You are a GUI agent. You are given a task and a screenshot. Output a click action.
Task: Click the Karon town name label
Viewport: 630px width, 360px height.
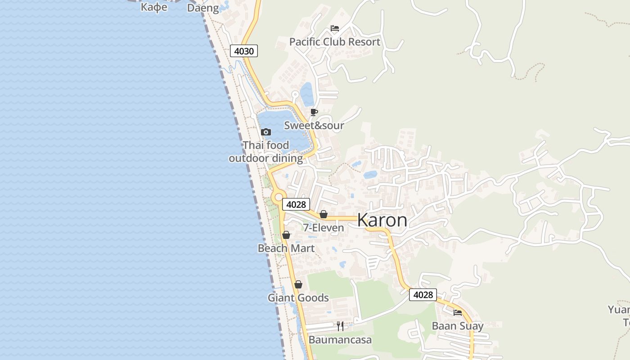coord(382,220)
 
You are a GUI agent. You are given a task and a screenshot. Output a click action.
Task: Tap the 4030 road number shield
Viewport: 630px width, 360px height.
coord(244,51)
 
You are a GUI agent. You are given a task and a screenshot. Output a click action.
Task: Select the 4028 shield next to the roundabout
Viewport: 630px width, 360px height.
coord(296,204)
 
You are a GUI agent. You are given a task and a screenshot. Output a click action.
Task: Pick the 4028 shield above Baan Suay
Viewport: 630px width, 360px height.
coord(423,295)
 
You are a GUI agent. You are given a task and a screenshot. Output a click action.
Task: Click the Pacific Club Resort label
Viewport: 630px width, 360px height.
coord(334,42)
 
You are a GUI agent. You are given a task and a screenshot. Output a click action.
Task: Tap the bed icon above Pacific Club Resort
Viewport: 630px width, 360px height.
coord(334,28)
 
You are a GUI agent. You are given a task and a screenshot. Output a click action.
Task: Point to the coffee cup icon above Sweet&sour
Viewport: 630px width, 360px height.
coord(314,112)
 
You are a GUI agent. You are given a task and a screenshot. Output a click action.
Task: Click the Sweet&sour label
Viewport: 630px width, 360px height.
coord(314,126)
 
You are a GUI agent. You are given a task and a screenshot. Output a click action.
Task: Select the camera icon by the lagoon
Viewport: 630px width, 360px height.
coord(266,132)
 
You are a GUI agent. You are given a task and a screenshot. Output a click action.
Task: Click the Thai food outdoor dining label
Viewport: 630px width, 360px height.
coord(265,152)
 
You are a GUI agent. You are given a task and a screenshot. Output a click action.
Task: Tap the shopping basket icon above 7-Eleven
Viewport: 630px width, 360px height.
coord(323,214)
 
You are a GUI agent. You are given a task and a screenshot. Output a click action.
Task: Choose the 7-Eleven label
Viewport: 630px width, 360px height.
coord(323,228)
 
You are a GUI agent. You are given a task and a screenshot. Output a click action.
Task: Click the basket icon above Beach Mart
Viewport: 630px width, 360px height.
coord(286,235)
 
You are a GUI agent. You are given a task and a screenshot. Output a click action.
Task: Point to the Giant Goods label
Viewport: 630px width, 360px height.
coord(298,298)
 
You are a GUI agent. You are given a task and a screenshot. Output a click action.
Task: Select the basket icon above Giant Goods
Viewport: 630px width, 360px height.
coord(298,284)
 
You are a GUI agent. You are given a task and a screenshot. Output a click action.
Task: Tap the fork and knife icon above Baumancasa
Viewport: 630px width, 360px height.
coord(340,326)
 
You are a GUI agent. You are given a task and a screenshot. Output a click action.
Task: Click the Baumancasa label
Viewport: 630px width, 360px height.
coord(340,340)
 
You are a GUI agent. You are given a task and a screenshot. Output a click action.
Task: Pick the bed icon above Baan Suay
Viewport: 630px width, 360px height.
coord(458,312)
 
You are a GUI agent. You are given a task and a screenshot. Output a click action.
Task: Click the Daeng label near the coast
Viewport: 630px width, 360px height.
coord(203,8)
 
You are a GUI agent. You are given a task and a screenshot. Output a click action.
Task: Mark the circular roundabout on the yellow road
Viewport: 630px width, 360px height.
coord(279,197)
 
